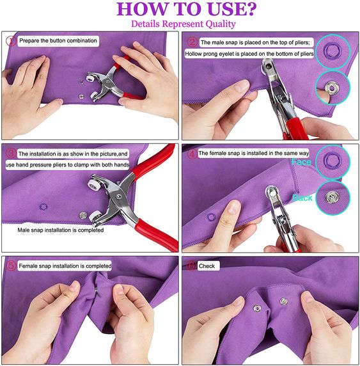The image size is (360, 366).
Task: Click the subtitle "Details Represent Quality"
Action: click(x=183, y=24)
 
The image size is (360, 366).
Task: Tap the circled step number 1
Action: click(x=10, y=40)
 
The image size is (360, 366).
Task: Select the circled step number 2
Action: click(x=191, y=42)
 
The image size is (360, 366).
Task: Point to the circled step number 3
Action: click(x=10, y=154)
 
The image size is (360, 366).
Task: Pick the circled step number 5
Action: click(x=10, y=265)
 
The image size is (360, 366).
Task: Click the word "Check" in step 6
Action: click(x=207, y=266)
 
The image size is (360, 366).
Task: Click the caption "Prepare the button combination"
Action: click(x=58, y=40)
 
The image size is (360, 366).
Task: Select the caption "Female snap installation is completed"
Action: click(x=65, y=266)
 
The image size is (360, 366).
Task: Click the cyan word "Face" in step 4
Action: click(x=301, y=163)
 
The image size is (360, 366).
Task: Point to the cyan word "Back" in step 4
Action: click(x=302, y=198)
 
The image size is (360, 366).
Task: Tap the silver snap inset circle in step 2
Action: click(x=332, y=83)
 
